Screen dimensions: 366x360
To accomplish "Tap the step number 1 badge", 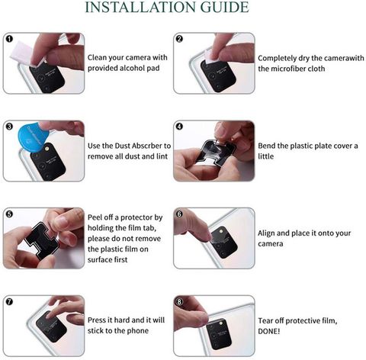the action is (9, 39).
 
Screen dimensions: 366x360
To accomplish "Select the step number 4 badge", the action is (179, 127).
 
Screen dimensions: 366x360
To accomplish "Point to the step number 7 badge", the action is (9, 302).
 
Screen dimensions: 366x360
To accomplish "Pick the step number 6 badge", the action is (179, 214).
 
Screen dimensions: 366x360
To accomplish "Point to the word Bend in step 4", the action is (266, 146).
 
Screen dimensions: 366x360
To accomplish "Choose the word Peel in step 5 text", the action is (95, 217).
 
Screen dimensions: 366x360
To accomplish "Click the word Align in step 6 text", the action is (266, 233).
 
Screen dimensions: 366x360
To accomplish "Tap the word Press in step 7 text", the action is (98, 320).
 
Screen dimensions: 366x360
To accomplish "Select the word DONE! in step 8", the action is (269, 332).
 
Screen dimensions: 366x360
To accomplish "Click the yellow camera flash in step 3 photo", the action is (47, 148).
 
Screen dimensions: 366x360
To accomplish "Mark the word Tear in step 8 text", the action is (266, 321).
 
